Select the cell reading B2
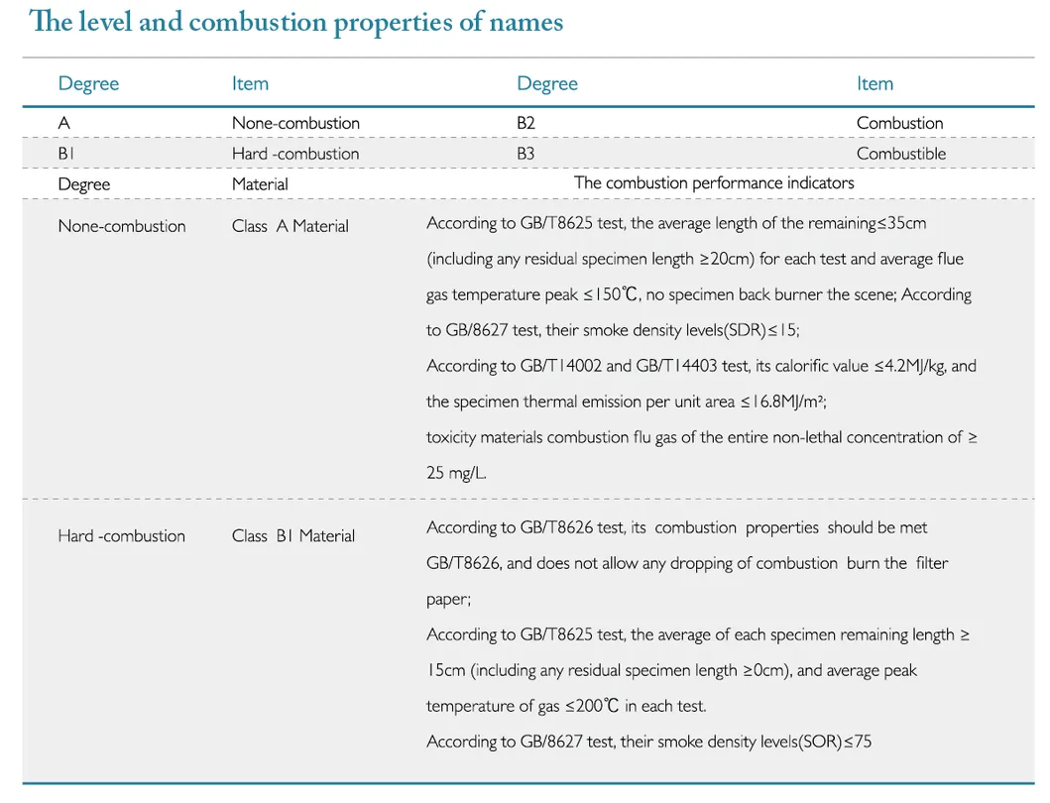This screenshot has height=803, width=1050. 525,123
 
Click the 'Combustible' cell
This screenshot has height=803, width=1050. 900,154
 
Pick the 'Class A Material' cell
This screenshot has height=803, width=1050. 290,226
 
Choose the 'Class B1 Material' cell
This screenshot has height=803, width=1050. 292,536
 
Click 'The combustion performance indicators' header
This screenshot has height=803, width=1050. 713,182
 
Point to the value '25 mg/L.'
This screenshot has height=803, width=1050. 456,473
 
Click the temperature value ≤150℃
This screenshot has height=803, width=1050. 607,294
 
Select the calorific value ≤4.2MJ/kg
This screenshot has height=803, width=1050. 910,366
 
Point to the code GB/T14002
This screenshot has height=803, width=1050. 560,366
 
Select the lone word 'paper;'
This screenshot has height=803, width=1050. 448,599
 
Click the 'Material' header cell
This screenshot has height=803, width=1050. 260,184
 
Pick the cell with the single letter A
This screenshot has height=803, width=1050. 63,123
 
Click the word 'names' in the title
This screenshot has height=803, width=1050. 525,23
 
